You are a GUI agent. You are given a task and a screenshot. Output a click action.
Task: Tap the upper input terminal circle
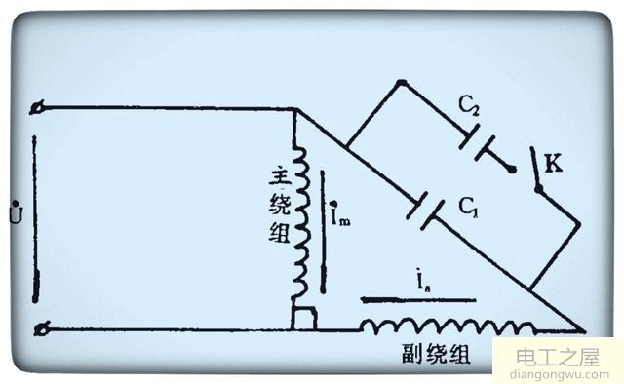pyautogui.click(x=40, y=107)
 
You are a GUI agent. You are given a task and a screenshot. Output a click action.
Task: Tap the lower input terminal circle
pyautogui.click(x=40, y=329)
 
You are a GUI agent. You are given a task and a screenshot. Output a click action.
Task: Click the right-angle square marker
pyautogui.click(x=303, y=318)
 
